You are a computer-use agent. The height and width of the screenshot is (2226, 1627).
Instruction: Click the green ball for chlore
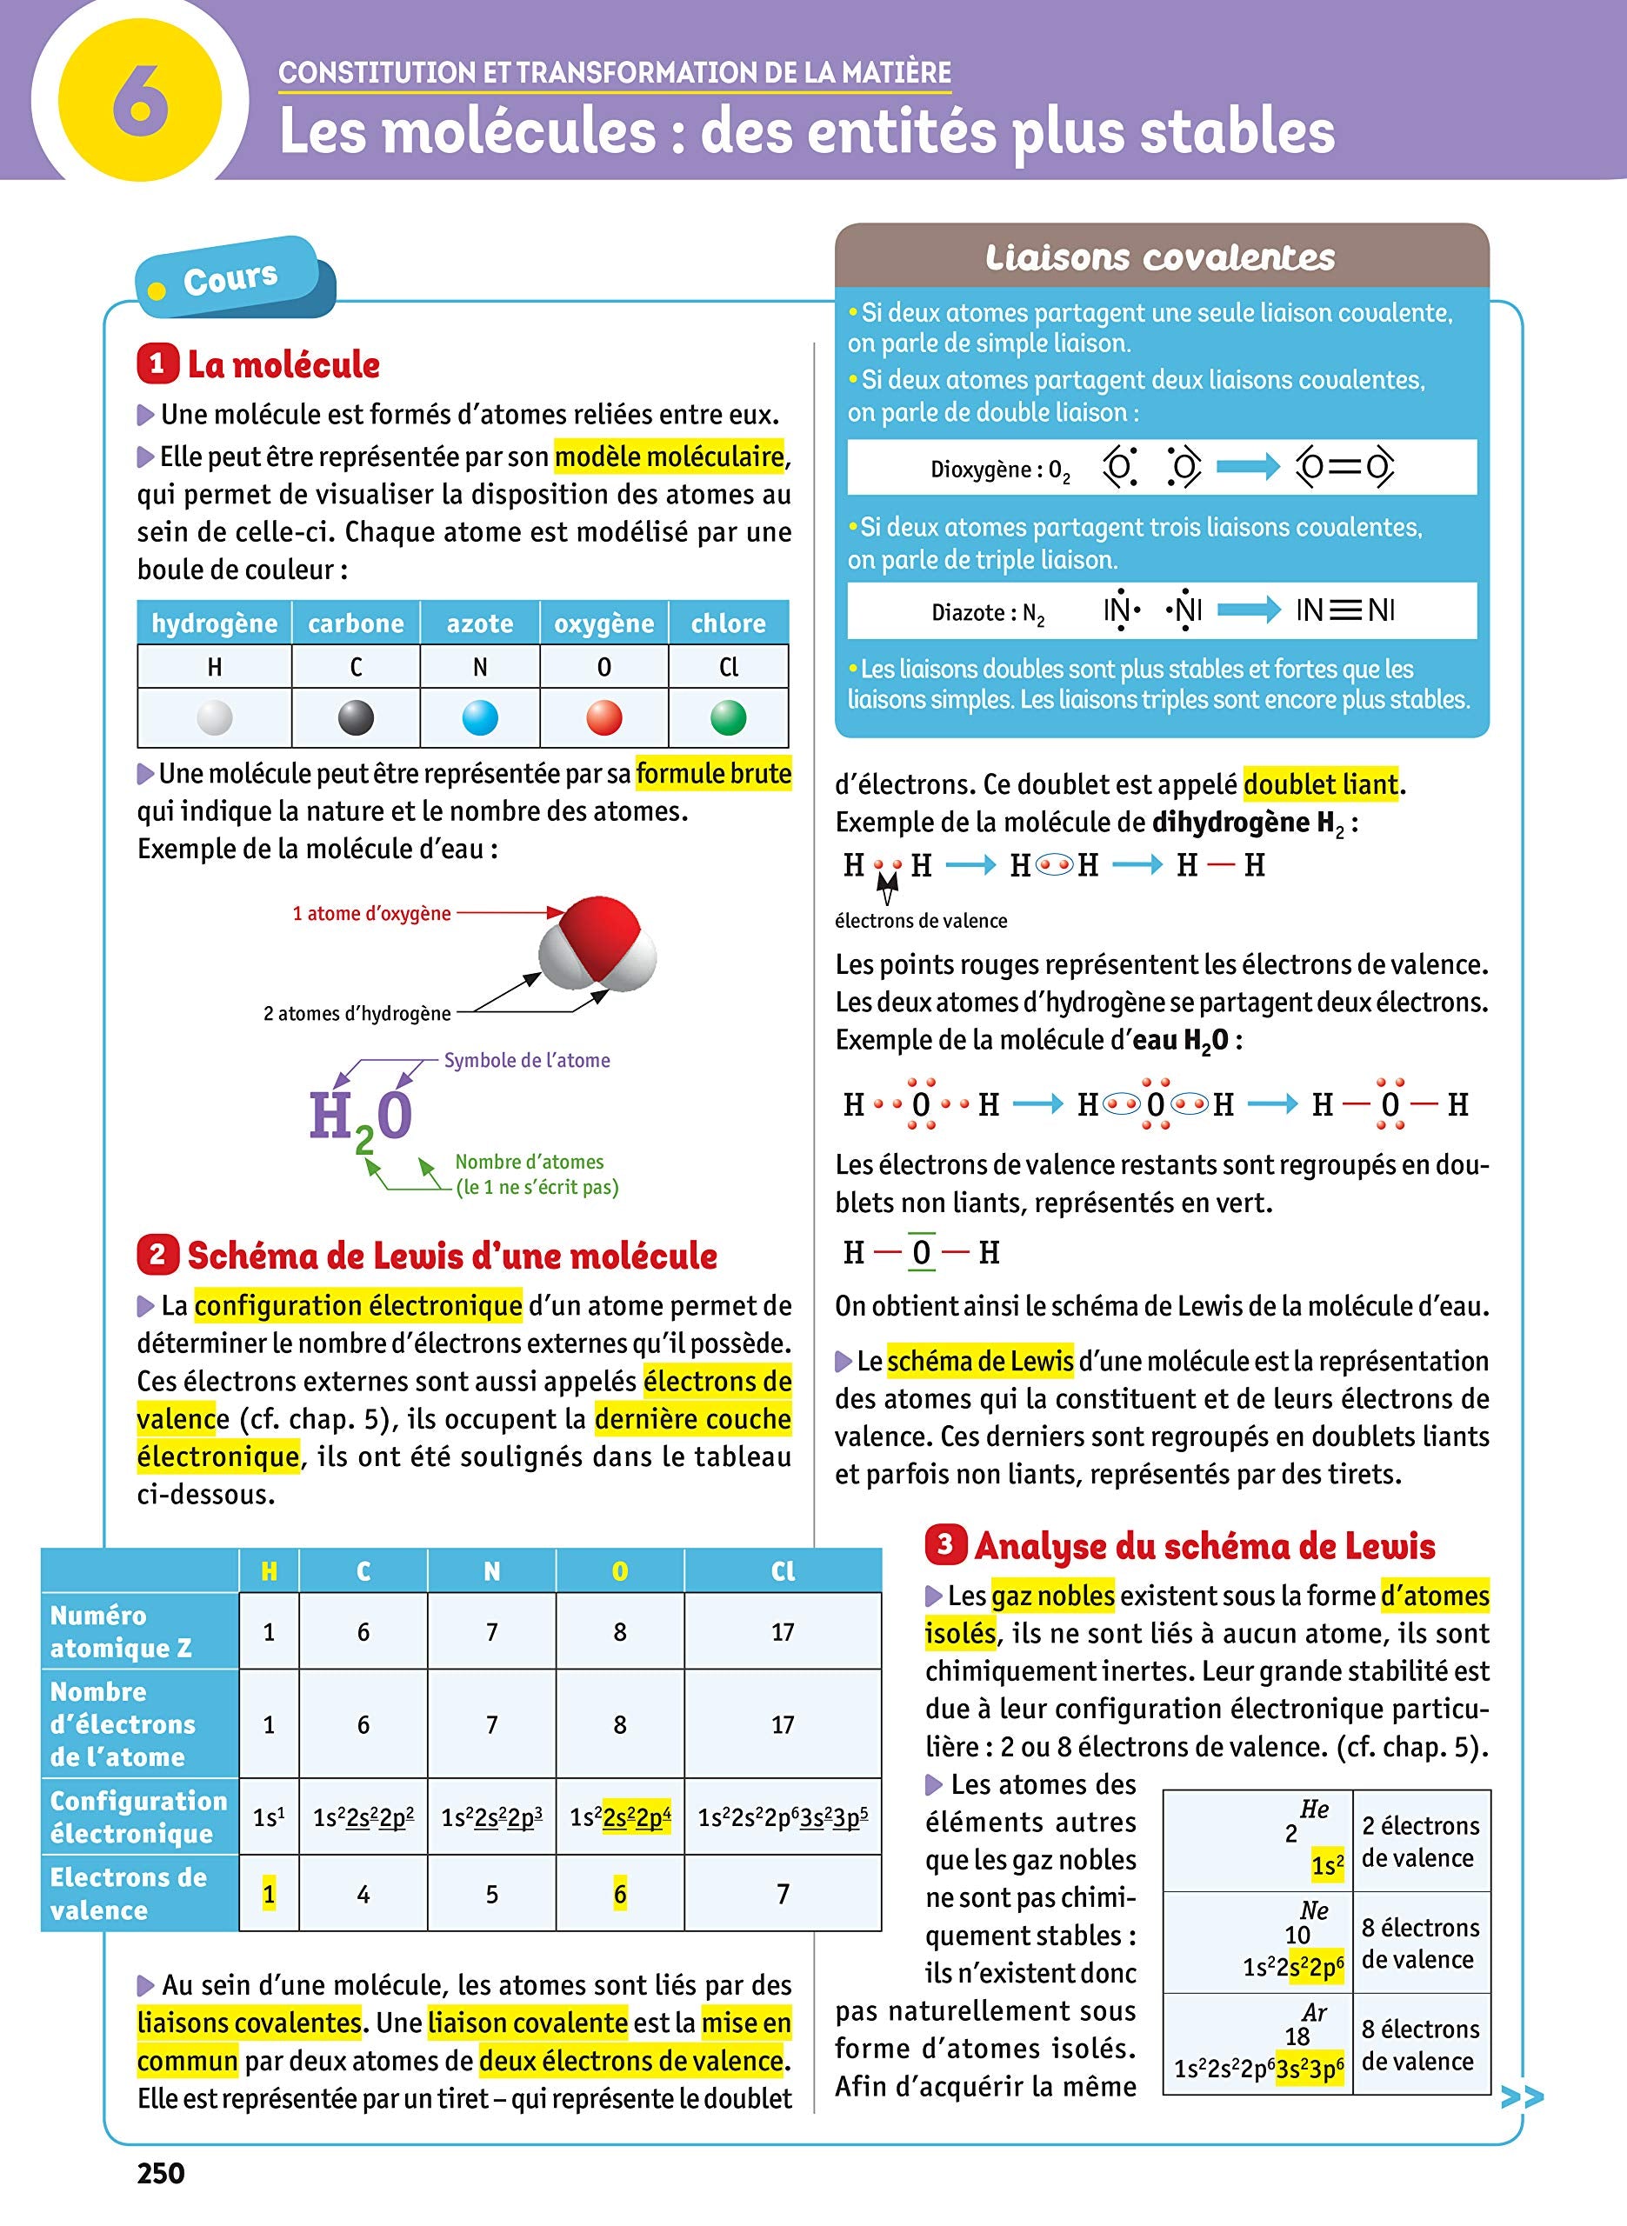[x=728, y=716]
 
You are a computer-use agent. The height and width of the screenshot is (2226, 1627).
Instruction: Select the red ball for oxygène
[x=603, y=716]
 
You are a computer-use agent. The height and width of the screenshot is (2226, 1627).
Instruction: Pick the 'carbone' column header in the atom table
[x=356, y=623]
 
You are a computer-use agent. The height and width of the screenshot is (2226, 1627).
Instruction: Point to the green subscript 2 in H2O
[x=363, y=1140]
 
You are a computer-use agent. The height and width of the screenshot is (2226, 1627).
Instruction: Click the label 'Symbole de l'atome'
[x=526, y=1060]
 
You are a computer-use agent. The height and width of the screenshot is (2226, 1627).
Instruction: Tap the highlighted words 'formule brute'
[x=713, y=774]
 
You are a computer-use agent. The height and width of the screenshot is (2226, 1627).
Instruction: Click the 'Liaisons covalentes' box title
[x=1160, y=258]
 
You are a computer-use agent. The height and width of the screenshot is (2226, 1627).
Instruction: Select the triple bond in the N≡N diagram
[x=1344, y=610]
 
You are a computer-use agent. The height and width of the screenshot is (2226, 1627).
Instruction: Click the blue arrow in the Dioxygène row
[x=1248, y=467]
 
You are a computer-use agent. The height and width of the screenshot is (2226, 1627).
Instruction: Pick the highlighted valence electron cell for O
[x=619, y=1893]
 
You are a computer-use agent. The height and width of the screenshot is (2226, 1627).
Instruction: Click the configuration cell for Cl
[x=782, y=1816]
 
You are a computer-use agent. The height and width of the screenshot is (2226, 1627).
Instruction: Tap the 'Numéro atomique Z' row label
[x=120, y=1631]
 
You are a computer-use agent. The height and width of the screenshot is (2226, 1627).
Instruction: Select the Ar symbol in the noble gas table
[x=1314, y=2012]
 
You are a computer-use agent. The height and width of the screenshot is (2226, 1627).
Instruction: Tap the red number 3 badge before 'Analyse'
[x=944, y=1543]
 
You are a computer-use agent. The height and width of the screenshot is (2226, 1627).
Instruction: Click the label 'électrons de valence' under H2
[x=920, y=921]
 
